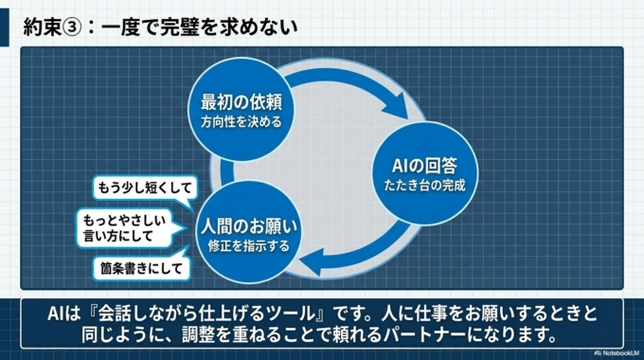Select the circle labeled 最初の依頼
243,109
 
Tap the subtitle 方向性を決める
243,121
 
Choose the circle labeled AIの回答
418,162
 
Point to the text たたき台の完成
418,177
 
